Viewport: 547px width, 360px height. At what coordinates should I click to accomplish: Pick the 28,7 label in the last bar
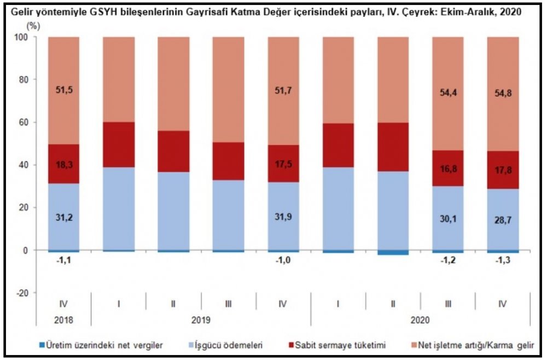[503, 226]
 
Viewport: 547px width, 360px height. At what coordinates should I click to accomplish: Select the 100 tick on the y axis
[25, 37]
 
